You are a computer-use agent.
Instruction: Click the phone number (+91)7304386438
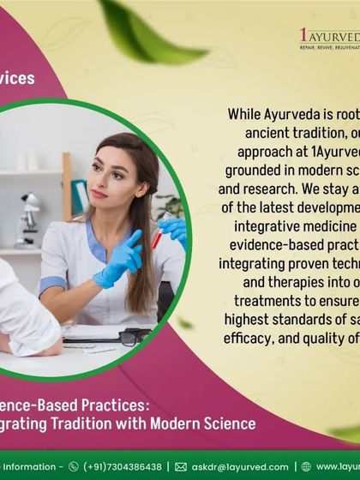coord(123,467)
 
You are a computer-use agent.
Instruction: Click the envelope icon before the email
coord(181,467)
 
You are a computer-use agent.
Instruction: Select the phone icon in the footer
coord(73,467)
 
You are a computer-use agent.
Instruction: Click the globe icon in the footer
coord(306,467)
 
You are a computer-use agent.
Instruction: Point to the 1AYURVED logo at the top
coord(329,38)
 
